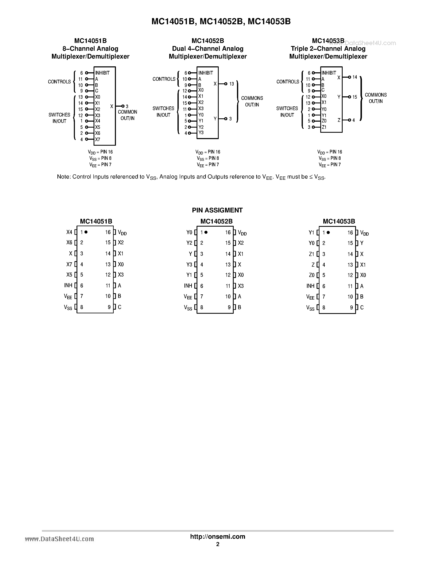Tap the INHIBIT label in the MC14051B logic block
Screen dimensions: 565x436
point(102,73)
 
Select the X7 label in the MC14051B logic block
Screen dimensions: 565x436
point(97,140)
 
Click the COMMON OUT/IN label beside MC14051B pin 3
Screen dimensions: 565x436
point(127,115)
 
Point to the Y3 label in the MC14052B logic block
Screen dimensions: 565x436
point(201,133)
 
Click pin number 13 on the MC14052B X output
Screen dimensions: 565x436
point(231,84)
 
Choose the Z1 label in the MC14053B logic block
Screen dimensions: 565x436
point(324,127)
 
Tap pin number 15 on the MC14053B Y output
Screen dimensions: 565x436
point(355,97)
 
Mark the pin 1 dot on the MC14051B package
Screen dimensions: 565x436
point(86,232)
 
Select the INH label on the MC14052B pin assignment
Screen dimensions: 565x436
point(188,286)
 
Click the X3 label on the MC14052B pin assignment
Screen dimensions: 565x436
point(241,286)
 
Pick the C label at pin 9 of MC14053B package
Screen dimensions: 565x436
point(362,307)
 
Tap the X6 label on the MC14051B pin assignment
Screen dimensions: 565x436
point(69,242)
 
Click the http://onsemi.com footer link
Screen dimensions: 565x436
point(217,536)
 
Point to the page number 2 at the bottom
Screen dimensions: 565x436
point(218,544)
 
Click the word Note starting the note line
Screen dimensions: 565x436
point(63,177)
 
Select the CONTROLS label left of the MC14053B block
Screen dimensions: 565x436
point(287,82)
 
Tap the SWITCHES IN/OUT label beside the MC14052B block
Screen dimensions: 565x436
point(163,112)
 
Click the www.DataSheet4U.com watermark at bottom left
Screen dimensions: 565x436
point(60,539)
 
